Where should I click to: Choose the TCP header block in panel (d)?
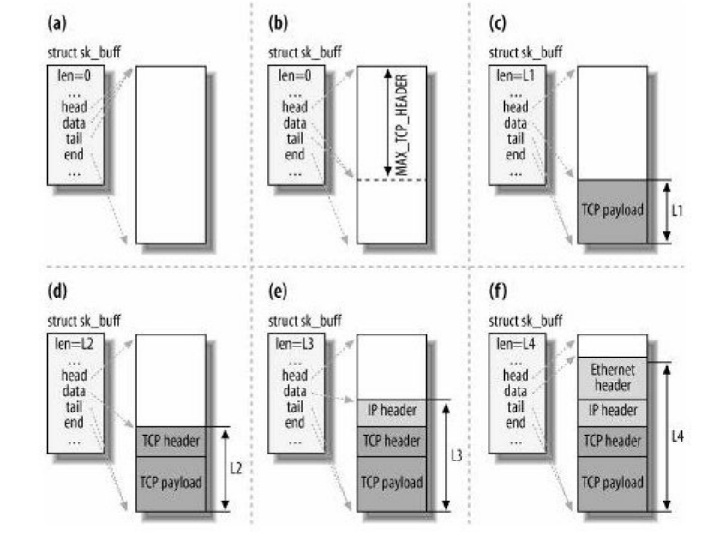(x=170, y=441)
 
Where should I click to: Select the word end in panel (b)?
(x=295, y=155)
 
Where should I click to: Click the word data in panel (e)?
(x=294, y=390)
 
